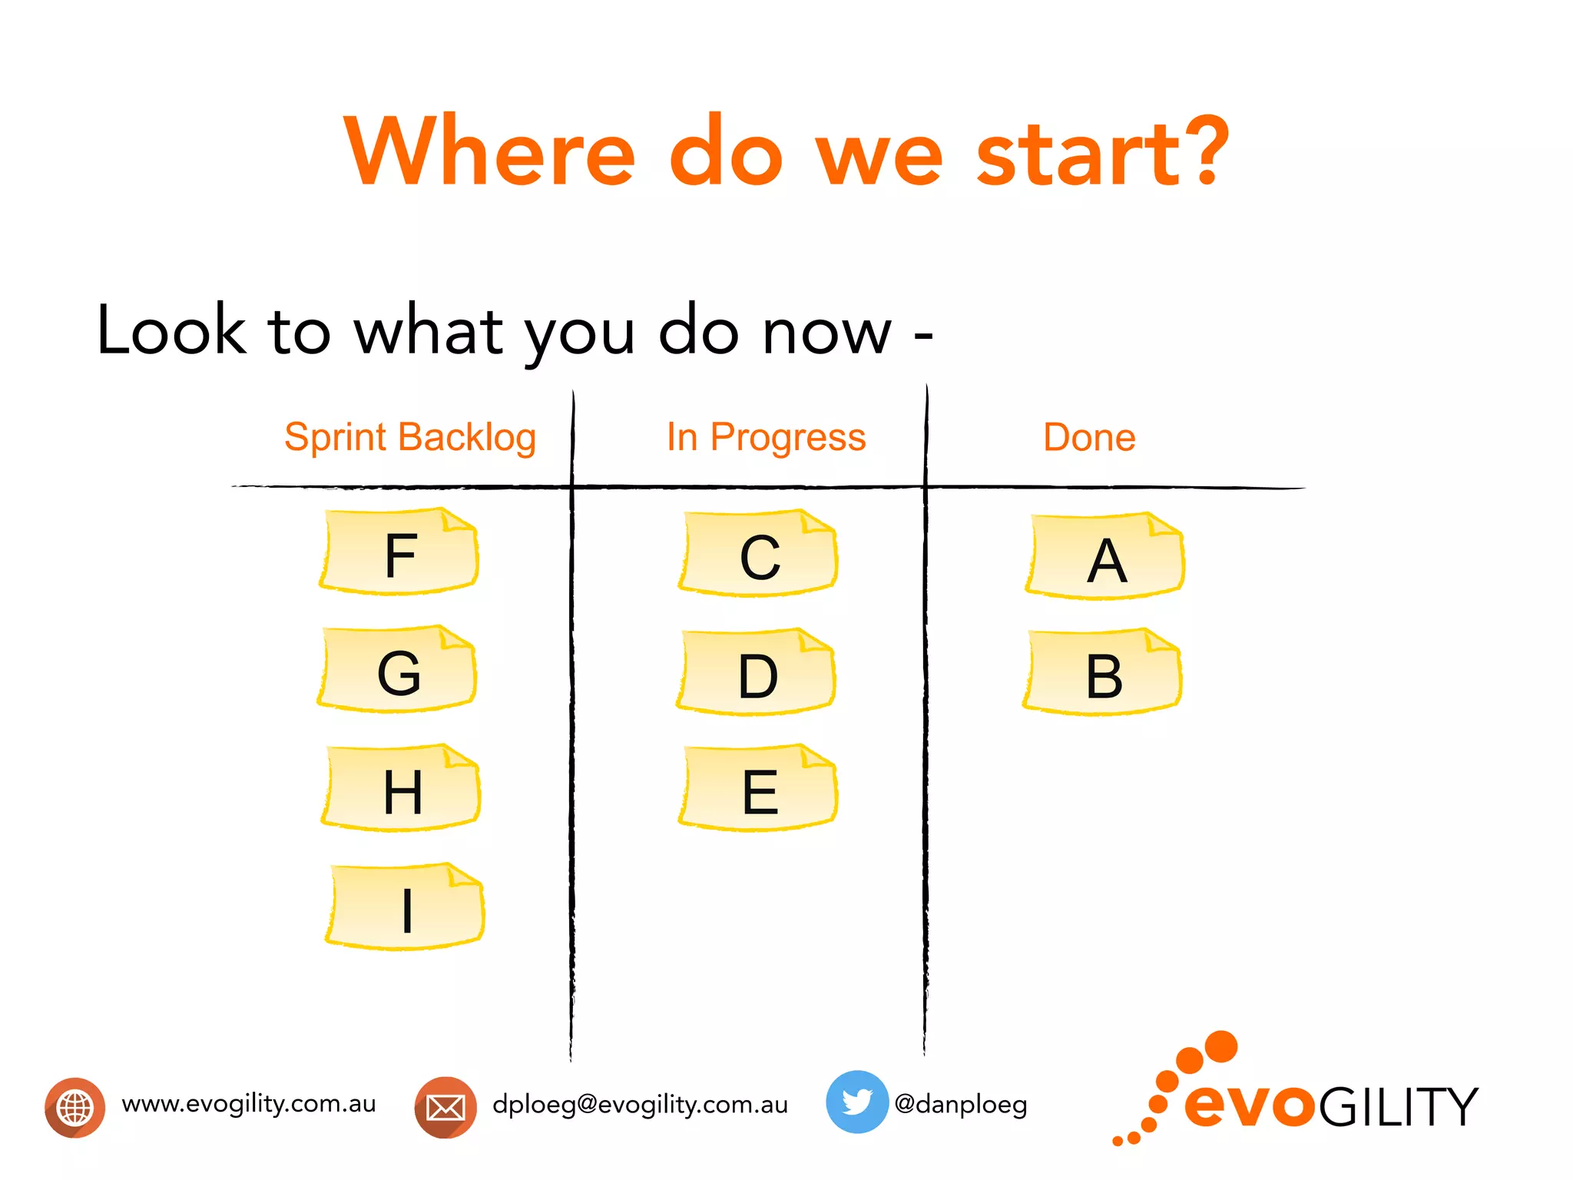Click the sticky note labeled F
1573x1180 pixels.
coord(399,552)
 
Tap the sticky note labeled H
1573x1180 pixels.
coord(401,788)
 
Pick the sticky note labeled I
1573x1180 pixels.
coord(406,907)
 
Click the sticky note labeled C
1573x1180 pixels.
coord(759,554)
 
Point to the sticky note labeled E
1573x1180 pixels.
coord(759,789)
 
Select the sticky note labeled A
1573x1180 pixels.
coord(1105,557)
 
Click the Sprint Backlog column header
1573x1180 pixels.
coord(410,438)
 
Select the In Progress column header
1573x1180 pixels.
coord(766,438)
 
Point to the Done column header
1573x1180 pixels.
coord(1089,438)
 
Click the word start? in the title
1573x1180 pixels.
coord(1103,152)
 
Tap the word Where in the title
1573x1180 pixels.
coord(490,152)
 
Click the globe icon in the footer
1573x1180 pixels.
coord(75,1107)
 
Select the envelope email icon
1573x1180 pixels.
coord(445,1107)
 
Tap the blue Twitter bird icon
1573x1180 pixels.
coord(856,1102)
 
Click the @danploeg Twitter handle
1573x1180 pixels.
coord(961,1105)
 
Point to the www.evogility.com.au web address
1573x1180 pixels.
coord(249,1104)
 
